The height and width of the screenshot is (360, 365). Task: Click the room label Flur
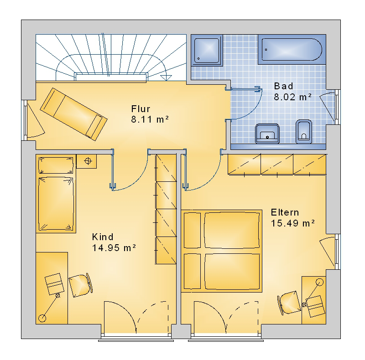tap(141, 109)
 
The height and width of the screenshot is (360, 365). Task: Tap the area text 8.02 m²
tap(292, 97)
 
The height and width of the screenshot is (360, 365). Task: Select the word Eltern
tap(285, 212)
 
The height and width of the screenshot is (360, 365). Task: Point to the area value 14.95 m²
tap(114, 248)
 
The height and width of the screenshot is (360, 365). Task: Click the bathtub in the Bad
tap(292, 50)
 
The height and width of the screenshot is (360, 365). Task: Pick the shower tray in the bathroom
tap(207, 51)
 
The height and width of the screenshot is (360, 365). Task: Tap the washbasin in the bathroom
tap(267, 134)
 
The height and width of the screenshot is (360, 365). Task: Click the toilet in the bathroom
tap(304, 132)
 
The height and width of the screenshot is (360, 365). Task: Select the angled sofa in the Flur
tap(73, 114)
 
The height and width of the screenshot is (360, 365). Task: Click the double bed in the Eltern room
tap(222, 251)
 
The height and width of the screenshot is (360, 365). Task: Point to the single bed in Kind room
tap(56, 194)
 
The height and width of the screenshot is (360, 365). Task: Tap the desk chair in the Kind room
tap(81, 285)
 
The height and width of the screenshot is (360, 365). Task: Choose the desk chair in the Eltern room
tap(289, 303)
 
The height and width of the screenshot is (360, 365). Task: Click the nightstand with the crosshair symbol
tap(86, 161)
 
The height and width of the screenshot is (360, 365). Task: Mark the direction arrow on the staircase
tap(166, 77)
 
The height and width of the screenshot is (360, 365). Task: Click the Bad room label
tap(283, 86)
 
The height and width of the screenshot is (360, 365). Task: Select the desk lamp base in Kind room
tap(42, 318)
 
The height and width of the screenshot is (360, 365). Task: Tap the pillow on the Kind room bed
tap(56, 165)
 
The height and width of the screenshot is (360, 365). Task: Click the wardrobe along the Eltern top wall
tap(277, 164)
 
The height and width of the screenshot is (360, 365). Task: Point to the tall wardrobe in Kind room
tap(166, 209)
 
